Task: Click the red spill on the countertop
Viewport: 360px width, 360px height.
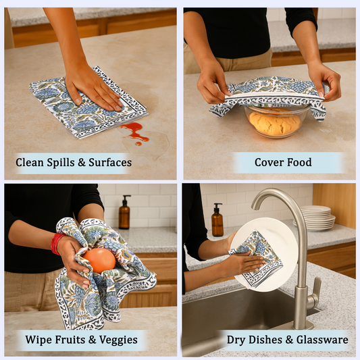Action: tap(134, 130)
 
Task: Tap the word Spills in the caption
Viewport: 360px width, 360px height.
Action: tap(64, 162)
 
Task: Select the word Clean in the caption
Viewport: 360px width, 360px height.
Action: tap(30, 162)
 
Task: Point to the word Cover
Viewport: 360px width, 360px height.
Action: tap(269, 162)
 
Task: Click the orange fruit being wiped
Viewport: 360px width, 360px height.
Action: tap(100, 260)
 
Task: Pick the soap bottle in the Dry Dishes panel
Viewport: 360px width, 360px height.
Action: tap(217, 221)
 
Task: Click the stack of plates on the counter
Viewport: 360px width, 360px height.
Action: tap(317, 217)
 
